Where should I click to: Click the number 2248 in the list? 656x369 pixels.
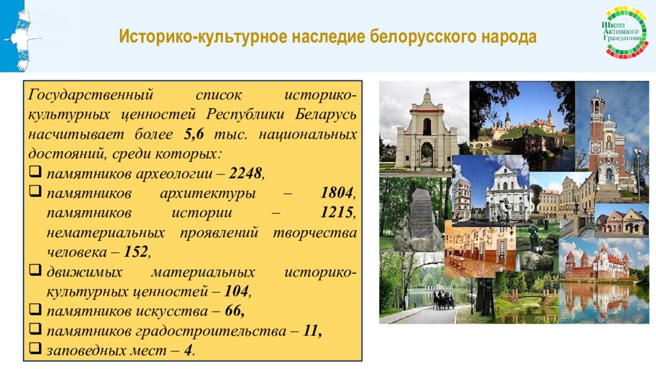(245, 174)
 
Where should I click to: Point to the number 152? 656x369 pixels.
(135, 252)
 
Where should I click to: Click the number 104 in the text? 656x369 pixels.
(236, 291)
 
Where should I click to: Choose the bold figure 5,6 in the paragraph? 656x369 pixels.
(197, 135)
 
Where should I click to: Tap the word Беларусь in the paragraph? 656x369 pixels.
(326, 115)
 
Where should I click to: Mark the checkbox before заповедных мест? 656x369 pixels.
(35, 349)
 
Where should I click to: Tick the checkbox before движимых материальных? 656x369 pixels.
(35, 271)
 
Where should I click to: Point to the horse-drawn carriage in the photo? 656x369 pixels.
(443, 299)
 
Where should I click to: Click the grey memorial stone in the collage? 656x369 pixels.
(419, 218)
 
